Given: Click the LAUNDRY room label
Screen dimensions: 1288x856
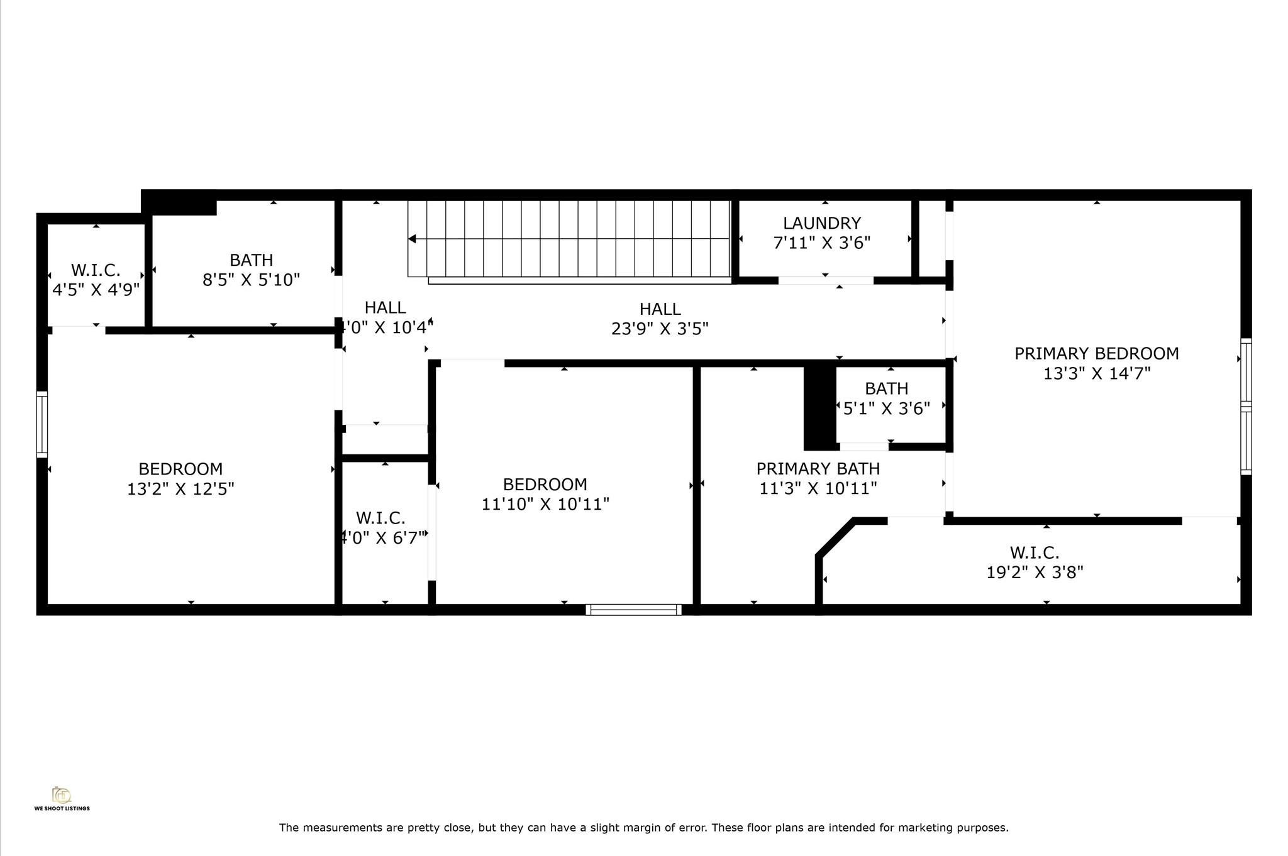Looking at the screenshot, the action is pyautogui.click(x=821, y=223).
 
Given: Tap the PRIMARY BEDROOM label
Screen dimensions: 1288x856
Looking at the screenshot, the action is pyautogui.click(x=1097, y=353).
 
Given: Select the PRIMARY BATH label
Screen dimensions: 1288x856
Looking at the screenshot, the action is pyautogui.click(x=818, y=469).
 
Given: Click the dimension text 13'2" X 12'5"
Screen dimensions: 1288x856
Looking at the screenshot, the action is pyautogui.click(x=180, y=489).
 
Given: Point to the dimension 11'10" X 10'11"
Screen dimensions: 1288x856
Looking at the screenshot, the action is pyautogui.click(x=545, y=504).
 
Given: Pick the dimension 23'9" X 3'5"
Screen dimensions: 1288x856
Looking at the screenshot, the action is pyautogui.click(x=660, y=329).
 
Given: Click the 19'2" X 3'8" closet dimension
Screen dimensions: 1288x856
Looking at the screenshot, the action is pyautogui.click(x=1035, y=573).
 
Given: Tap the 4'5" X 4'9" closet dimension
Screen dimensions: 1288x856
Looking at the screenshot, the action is pyautogui.click(x=96, y=290).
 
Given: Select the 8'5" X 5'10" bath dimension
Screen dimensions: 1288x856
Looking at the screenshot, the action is pyautogui.click(x=251, y=280).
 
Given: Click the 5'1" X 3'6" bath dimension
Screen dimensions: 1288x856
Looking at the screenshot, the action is pyautogui.click(x=886, y=409).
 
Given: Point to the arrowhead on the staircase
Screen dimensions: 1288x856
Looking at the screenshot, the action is pyautogui.click(x=412, y=239).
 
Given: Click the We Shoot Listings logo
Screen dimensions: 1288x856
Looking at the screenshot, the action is pyautogui.click(x=62, y=798).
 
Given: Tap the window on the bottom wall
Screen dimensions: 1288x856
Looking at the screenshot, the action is pyautogui.click(x=633, y=609).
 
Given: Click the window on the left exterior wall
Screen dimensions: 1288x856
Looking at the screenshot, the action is pyautogui.click(x=42, y=424).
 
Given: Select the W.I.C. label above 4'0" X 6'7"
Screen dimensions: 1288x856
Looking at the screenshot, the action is pyautogui.click(x=380, y=518).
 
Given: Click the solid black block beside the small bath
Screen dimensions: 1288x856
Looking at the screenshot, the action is pyautogui.click(x=819, y=407).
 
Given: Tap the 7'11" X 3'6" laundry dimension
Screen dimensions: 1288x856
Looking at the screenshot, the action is pyautogui.click(x=821, y=243).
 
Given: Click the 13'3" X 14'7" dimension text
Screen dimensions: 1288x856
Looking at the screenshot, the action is pyautogui.click(x=1097, y=373).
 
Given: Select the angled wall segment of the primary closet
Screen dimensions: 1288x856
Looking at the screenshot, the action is pyautogui.click(x=836, y=537).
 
